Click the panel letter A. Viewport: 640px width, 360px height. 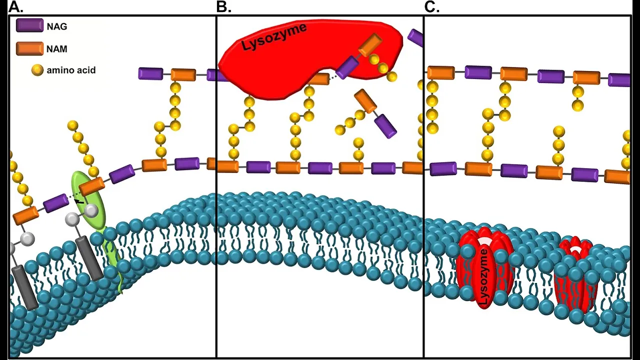(15, 7)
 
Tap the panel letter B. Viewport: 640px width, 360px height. (223, 7)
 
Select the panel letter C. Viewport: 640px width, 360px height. (431, 7)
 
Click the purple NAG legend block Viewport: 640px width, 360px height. (29, 25)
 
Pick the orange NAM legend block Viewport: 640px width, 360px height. (29, 48)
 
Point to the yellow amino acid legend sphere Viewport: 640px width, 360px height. (37, 70)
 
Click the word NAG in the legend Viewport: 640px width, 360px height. (57, 26)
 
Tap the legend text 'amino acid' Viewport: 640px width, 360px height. (71, 70)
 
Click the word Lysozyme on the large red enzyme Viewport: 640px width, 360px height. (274, 36)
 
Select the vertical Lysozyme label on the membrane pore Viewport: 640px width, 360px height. (483, 277)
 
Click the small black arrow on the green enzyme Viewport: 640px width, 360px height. (79, 201)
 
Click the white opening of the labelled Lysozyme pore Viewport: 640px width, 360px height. (483, 241)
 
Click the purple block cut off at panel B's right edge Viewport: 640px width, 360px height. (415, 37)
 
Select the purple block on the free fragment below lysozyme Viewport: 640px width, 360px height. (385, 126)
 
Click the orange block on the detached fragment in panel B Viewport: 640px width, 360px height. (365, 101)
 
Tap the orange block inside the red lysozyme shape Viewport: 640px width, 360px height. (370, 44)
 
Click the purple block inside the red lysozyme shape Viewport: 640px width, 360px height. (347, 67)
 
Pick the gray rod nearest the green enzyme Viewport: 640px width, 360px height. (89, 257)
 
